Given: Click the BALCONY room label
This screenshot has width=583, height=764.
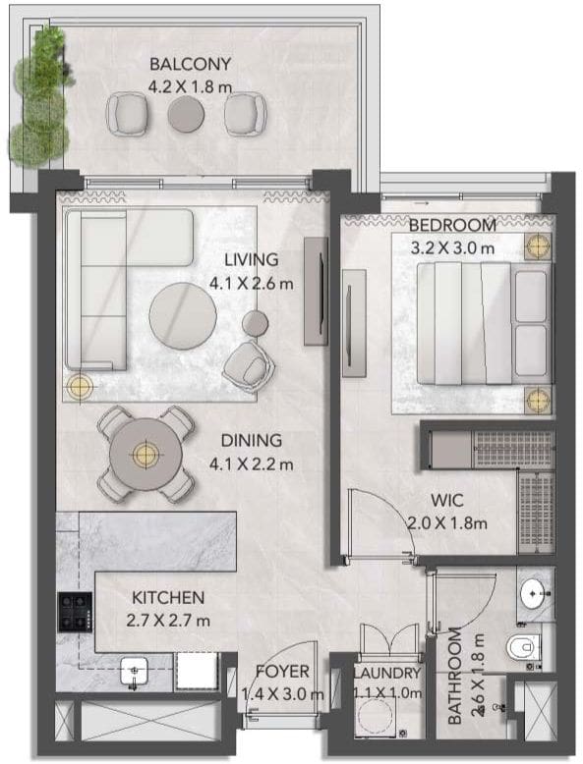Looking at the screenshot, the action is pos(190,64).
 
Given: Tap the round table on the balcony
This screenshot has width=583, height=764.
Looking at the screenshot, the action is pos(186,114).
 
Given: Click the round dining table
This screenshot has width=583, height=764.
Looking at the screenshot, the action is pos(146,454).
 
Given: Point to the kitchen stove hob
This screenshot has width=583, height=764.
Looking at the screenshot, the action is pos(75,612).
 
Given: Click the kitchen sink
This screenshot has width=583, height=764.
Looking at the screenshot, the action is pos(134,671).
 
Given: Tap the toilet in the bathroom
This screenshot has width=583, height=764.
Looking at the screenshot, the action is pos(523,647).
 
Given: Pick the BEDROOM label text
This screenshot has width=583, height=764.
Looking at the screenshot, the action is pos(452,225).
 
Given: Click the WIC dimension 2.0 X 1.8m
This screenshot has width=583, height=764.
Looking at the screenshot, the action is pos(447,523).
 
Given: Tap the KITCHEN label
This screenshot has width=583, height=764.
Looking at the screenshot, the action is pos(168,597).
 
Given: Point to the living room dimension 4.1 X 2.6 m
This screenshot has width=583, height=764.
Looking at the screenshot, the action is pos(252,283).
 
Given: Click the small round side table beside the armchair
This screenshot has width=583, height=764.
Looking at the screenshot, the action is pos(256,323).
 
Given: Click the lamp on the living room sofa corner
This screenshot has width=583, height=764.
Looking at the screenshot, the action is pos(80,386).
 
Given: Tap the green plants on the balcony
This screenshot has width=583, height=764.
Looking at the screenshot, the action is pos(40,96).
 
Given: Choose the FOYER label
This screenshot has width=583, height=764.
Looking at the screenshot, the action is pos(282,672).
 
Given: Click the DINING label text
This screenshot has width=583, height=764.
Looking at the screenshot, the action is pos(252,441).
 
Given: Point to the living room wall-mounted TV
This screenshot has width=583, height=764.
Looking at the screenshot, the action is pos(317,292).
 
